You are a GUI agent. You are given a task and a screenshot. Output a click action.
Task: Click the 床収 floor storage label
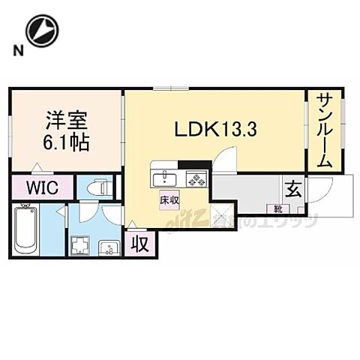168,200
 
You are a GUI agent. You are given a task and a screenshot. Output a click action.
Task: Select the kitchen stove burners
197,179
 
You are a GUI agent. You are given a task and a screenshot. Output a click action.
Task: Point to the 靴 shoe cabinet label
277,208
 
